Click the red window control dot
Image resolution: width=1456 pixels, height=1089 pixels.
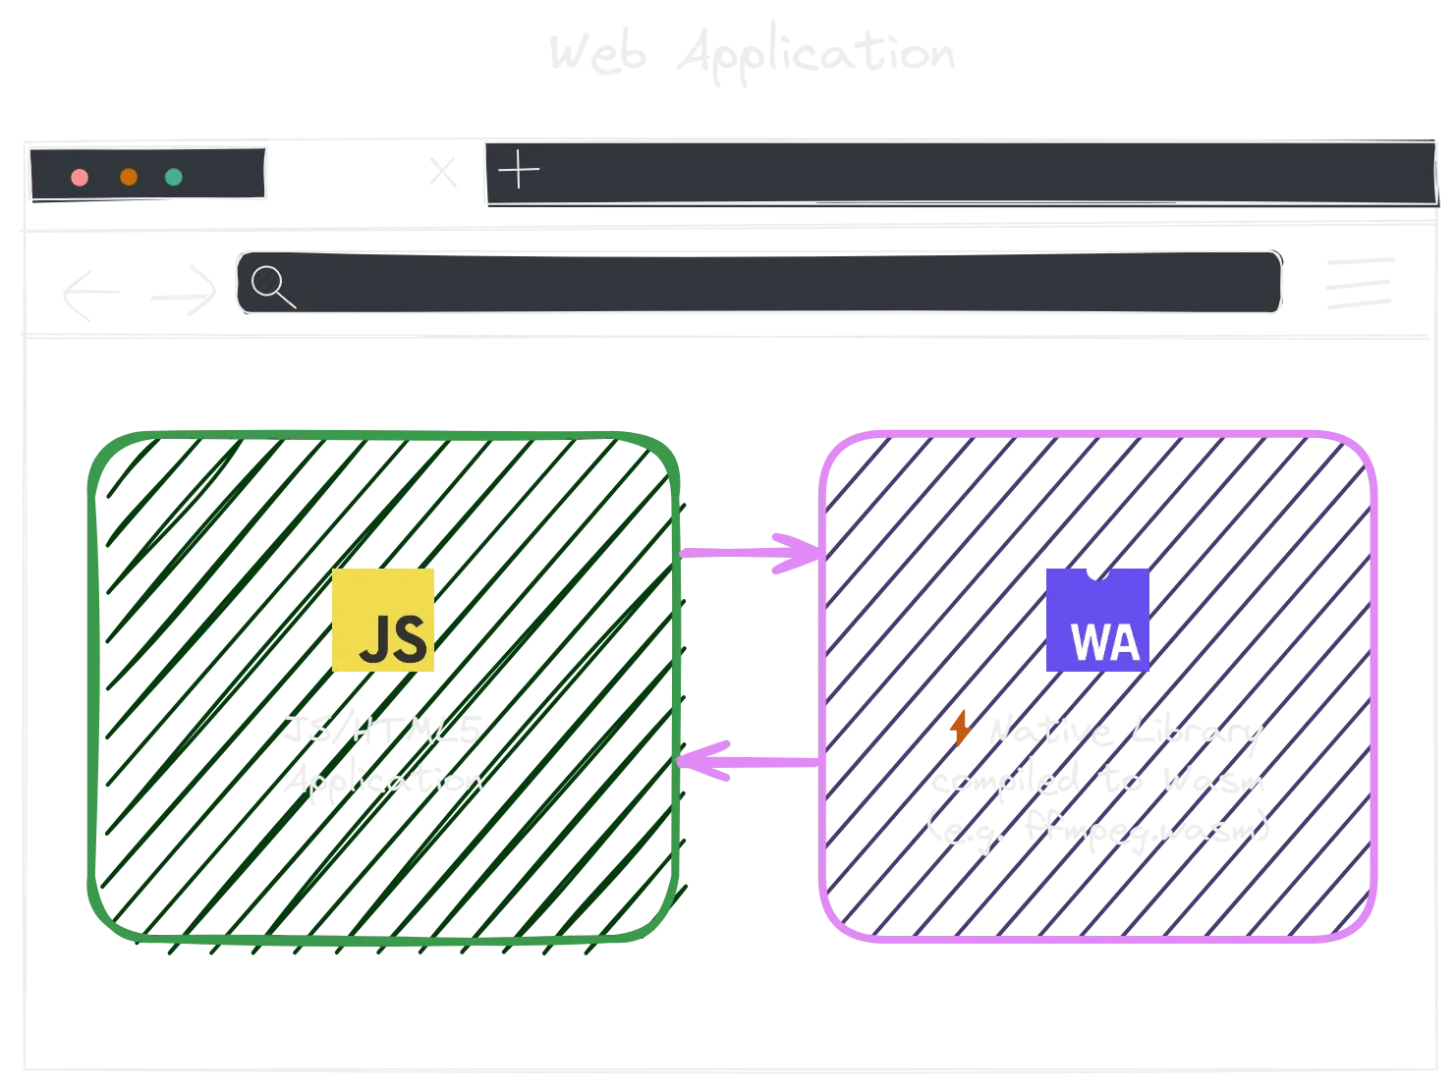(80, 178)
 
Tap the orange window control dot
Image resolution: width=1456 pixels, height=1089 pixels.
(129, 178)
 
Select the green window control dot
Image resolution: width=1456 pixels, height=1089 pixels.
(174, 178)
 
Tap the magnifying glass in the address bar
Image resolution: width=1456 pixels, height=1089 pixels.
(272, 286)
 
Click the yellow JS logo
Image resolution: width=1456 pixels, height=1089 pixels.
(384, 620)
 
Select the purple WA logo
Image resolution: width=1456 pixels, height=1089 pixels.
(1097, 620)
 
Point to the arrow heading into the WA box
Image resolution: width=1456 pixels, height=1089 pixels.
(752, 553)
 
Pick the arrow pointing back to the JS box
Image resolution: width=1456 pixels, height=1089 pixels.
(752, 761)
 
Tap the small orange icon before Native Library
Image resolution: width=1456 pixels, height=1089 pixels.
(960, 730)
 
